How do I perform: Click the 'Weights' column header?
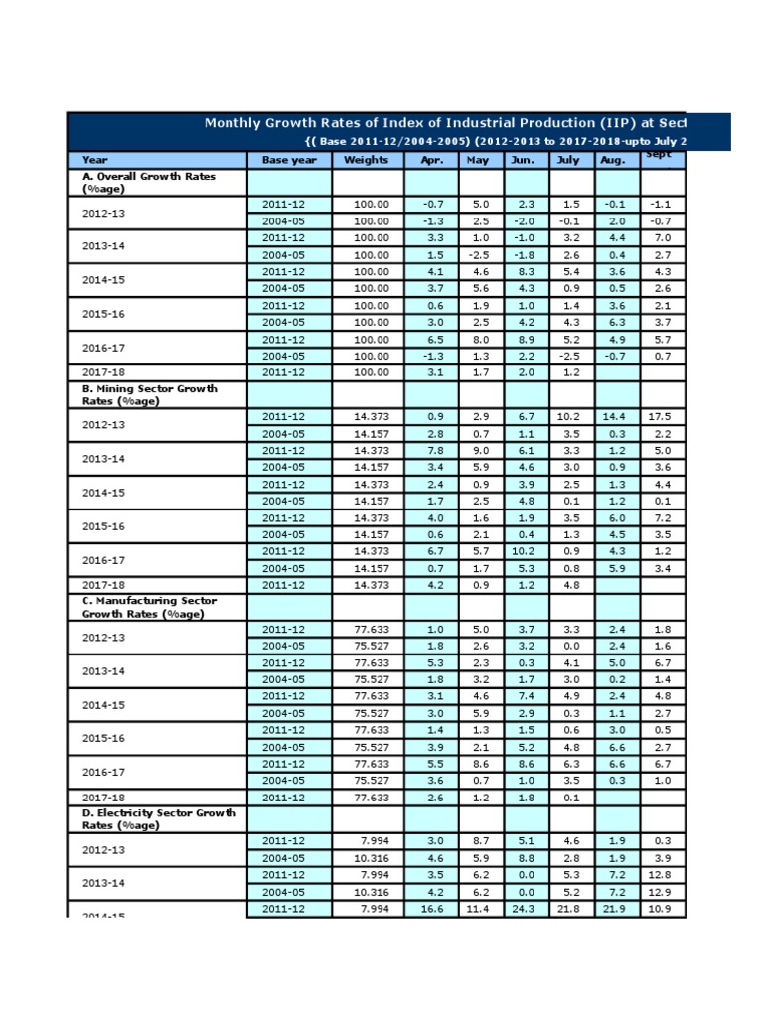click(x=367, y=160)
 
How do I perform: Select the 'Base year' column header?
click(x=289, y=160)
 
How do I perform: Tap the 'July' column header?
click(x=567, y=160)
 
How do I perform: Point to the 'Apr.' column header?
click(x=431, y=160)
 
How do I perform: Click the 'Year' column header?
click(x=95, y=160)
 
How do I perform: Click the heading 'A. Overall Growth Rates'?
click(x=149, y=182)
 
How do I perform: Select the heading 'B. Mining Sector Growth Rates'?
click(x=149, y=394)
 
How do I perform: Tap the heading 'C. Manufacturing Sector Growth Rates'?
click(x=149, y=607)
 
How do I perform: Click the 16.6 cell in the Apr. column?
click(x=432, y=909)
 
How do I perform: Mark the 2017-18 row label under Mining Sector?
click(x=103, y=586)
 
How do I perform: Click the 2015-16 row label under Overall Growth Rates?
click(x=103, y=314)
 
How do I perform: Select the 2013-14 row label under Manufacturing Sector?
click(x=103, y=671)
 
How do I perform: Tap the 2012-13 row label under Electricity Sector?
click(x=103, y=849)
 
